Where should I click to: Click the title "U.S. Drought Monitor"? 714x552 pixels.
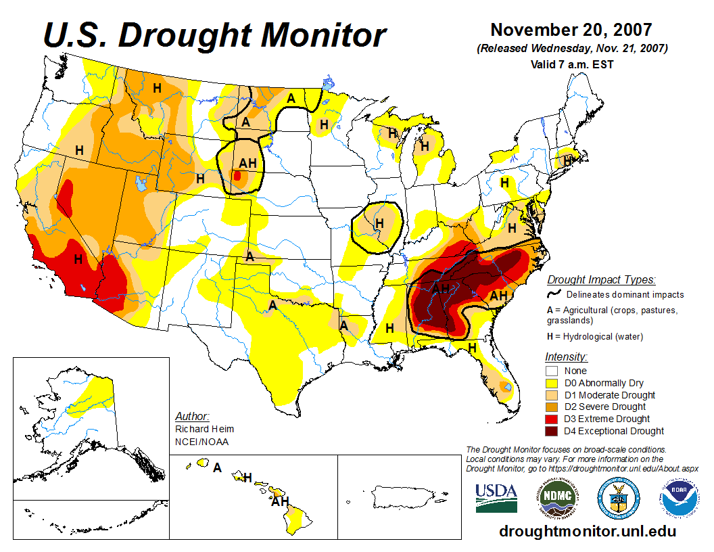[x=215, y=35]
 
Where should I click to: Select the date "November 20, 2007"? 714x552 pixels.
[x=571, y=30]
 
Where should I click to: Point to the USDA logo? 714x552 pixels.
[x=496, y=497]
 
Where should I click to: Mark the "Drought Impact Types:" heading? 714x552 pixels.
[x=601, y=279]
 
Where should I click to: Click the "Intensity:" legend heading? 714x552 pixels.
[x=566, y=356]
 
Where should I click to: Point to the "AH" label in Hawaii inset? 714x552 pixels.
[x=280, y=502]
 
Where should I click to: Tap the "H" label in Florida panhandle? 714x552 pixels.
[x=473, y=347]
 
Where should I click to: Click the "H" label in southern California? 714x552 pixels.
[x=78, y=258]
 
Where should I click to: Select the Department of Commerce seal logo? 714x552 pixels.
[x=618, y=498]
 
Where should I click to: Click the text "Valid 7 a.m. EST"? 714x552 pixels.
[x=572, y=64]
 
